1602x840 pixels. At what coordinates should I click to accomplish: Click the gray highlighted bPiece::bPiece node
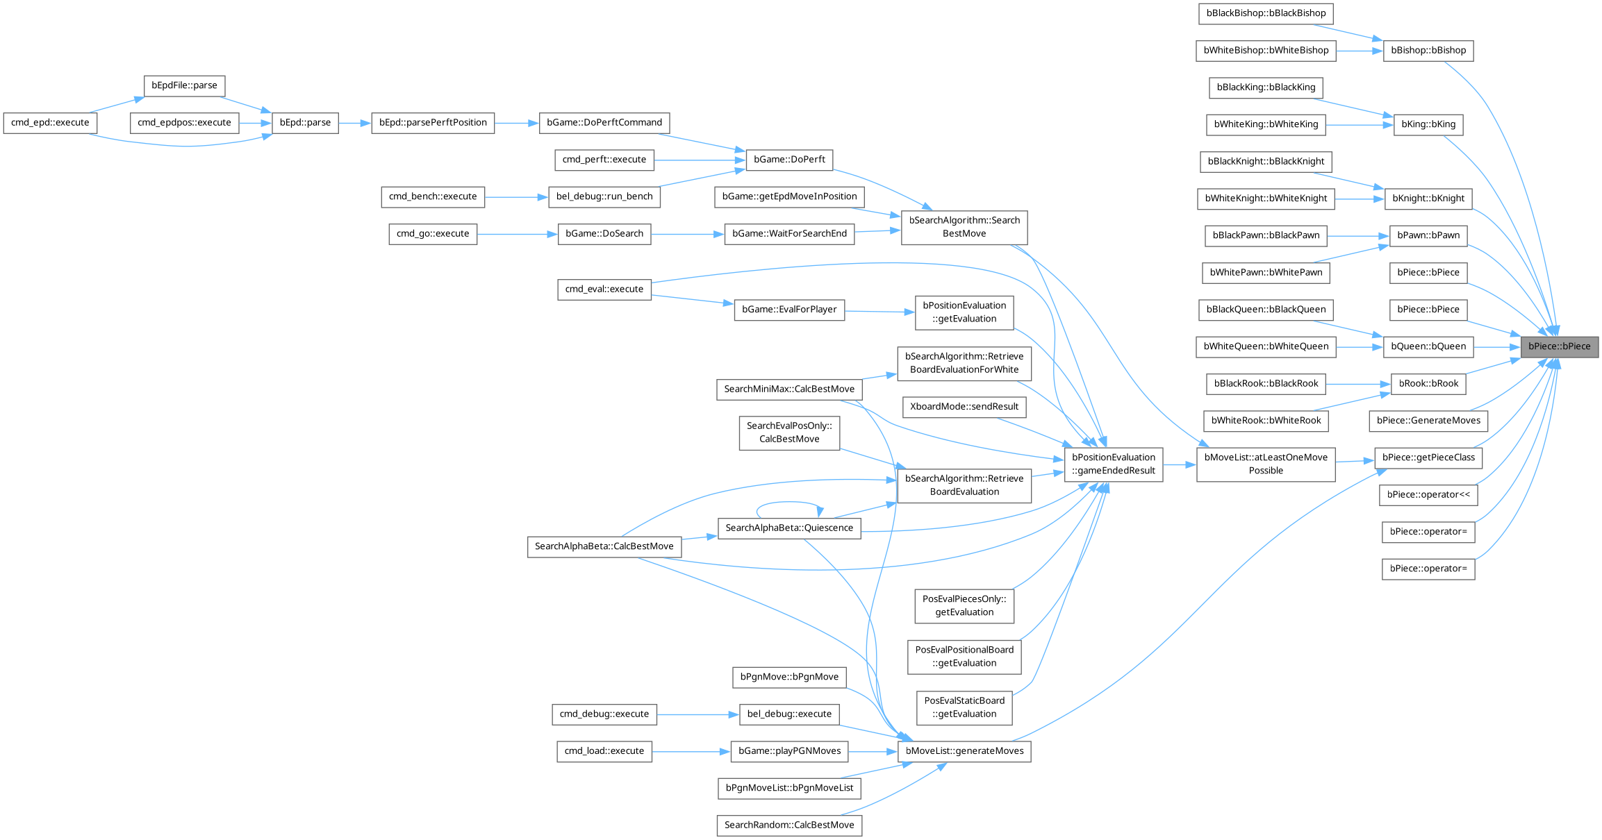[x=1559, y=346]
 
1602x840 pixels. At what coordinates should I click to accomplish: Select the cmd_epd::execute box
[x=50, y=123]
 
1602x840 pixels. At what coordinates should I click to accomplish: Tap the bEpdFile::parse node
[x=184, y=85]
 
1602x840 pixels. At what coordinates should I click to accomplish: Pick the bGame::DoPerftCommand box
[x=604, y=123]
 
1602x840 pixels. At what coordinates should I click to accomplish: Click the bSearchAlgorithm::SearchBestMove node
[x=964, y=227]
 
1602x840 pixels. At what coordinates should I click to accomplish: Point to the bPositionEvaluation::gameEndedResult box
[x=1113, y=464]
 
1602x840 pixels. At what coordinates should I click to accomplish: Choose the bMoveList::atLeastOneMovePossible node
[x=1265, y=464]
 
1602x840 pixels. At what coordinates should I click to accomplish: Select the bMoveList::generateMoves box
[x=964, y=751]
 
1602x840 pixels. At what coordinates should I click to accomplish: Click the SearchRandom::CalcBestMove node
[x=789, y=825]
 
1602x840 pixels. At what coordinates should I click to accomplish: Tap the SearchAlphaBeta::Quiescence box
[x=789, y=528]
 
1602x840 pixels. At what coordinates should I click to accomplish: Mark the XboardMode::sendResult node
[x=964, y=407]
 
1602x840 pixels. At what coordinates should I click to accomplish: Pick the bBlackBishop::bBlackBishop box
[x=1266, y=13]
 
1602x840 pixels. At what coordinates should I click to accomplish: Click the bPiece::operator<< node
[x=1428, y=495]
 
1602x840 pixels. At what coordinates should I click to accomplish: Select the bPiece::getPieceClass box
[x=1428, y=457]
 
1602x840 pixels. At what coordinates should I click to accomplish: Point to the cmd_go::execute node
[x=433, y=234]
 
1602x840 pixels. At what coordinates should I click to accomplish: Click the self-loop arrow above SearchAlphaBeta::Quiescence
[x=788, y=502]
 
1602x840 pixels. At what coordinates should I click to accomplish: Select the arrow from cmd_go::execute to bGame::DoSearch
[x=518, y=234]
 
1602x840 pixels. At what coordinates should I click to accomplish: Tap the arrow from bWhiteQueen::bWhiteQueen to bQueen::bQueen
[x=1359, y=346]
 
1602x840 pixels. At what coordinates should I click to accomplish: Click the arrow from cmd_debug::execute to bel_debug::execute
[x=697, y=714]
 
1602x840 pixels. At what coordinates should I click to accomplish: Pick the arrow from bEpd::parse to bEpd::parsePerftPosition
[x=354, y=123]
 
